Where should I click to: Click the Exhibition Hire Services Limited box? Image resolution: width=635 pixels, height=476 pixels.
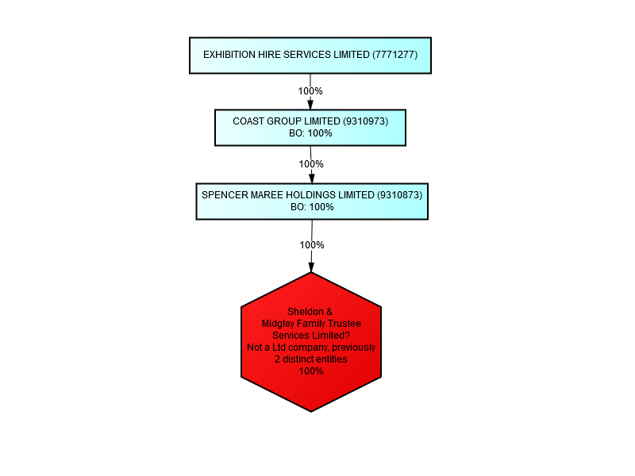click(x=310, y=56)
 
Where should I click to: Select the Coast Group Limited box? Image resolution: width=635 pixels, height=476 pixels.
click(x=310, y=128)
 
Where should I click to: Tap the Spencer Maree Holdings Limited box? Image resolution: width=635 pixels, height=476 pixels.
click(x=312, y=202)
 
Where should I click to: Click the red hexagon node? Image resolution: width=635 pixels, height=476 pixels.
click(x=311, y=342)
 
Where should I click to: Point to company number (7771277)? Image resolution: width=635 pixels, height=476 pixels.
click(x=394, y=55)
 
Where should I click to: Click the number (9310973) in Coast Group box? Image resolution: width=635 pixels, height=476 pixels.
click(x=366, y=121)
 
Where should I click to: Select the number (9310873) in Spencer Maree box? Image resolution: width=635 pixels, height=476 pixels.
click(x=400, y=195)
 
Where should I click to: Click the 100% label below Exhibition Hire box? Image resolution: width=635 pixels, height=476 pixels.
click(x=310, y=91)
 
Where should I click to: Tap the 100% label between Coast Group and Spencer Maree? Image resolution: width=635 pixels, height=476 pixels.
click(x=311, y=164)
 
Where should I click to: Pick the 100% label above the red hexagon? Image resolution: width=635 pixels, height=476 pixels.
click(x=312, y=245)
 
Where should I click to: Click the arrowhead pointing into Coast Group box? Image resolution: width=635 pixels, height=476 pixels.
click(x=310, y=105)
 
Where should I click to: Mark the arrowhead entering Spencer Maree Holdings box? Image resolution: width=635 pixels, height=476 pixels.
click(x=311, y=178)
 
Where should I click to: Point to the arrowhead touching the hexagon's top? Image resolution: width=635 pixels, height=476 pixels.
click(x=311, y=267)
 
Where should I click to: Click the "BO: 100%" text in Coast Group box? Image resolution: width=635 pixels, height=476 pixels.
click(x=310, y=133)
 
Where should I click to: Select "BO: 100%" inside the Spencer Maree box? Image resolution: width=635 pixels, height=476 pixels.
click(x=312, y=207)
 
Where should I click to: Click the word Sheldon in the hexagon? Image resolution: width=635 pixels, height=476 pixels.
click(x=306, y=312)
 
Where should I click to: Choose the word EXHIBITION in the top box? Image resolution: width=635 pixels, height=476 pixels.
click(x=229, y=55)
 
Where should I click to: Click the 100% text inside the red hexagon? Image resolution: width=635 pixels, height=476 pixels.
click(x=311, y=371)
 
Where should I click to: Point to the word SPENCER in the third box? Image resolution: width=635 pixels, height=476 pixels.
click(x=225, y=195)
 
